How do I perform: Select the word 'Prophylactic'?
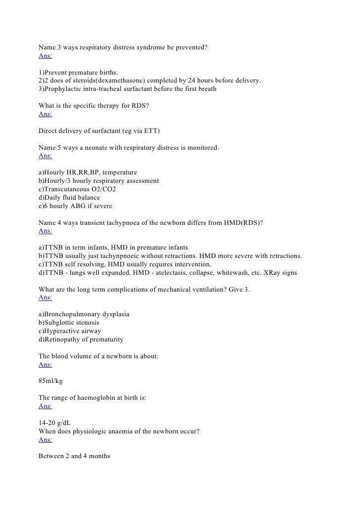pyautogui.click(x=62, y=89)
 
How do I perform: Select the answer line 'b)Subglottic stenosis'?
pyautogui.click(x=69, y=323)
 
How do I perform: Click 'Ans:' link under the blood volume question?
pyautogui.click(x=45, y=365)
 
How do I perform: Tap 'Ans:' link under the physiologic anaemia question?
pyautogui.click(x=45, y=440)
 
